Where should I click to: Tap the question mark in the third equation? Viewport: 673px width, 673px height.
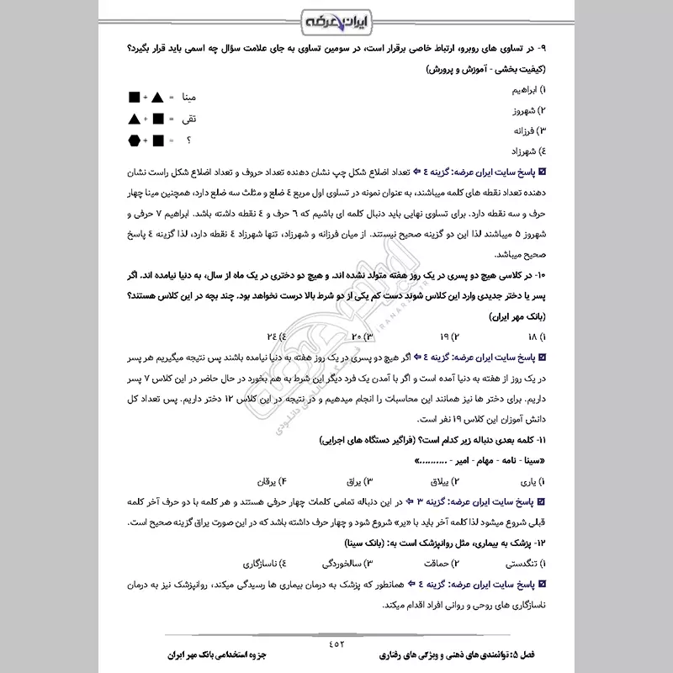click(188, 140)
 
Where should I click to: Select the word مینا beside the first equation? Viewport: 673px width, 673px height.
click(183, 98)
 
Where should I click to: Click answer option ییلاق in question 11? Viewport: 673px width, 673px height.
click(439, 482)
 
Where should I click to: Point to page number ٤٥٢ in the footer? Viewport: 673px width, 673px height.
click(336, 644)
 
